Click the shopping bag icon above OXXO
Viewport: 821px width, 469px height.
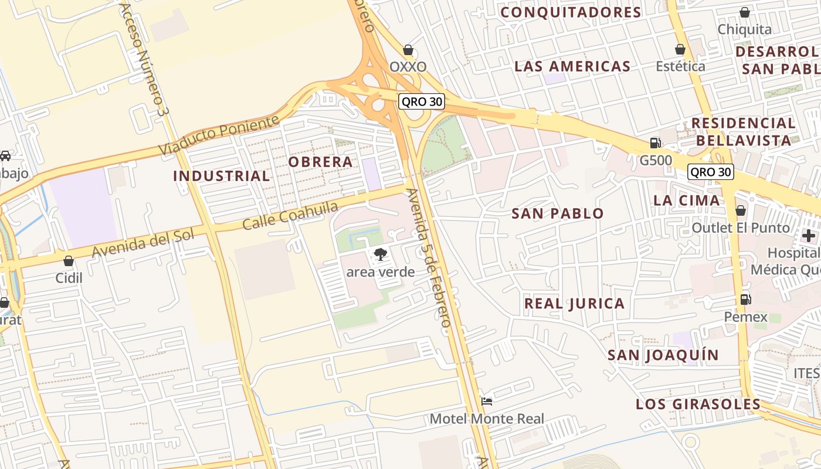408,50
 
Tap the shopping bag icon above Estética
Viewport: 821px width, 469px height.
680,49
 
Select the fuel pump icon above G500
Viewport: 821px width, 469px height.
655,142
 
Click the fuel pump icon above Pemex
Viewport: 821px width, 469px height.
745,299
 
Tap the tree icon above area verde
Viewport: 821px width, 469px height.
380,254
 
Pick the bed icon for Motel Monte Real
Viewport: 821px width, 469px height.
487,402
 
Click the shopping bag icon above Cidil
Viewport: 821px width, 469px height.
69,261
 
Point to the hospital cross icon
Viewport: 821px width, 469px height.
809,236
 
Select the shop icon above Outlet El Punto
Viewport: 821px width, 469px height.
741,210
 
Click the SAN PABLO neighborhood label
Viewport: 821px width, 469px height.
557,213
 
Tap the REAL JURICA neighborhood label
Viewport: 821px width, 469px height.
574,303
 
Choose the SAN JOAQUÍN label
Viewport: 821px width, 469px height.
663,355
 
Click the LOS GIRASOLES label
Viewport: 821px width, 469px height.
698,404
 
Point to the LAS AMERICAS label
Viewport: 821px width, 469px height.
572,66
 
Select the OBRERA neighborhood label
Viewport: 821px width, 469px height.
320,161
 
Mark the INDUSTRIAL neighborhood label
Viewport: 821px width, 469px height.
222,175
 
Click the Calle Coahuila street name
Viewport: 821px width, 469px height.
290,216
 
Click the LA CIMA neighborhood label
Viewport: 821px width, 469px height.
686,200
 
